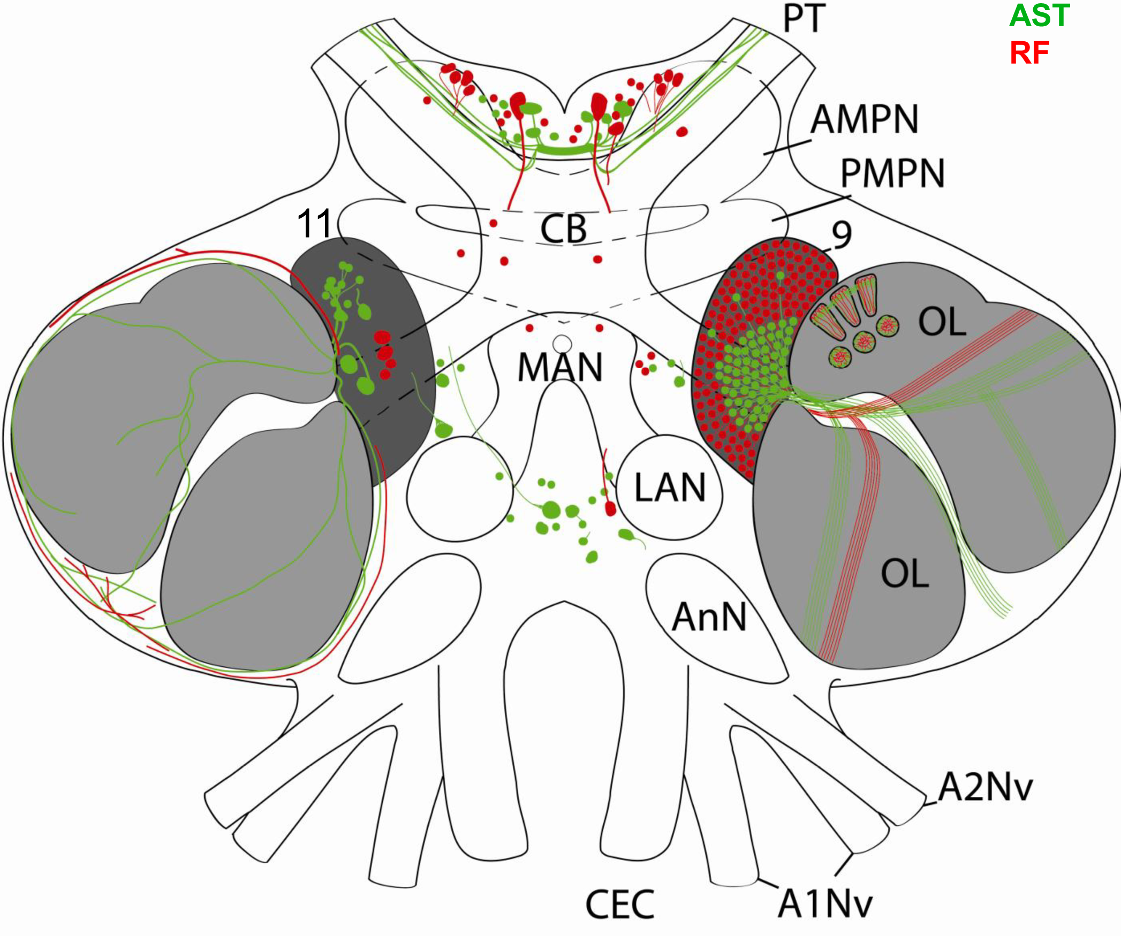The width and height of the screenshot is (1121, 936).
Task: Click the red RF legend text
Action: (x=1029, y=53)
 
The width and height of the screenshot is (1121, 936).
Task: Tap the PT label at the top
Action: (x=804, y=19)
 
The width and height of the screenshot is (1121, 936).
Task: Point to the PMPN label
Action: (x=892, y=173)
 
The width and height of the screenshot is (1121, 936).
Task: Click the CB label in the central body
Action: (x=563, y=229)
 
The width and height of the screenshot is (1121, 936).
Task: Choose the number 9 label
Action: (x=842, y=234)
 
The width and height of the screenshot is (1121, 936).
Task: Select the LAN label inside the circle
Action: (x=670, y=488)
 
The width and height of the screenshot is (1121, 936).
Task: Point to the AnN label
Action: (x=709, y=617)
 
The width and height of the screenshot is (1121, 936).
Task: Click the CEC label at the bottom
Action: (x=620, y=904)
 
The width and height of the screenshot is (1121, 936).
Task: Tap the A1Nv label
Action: (x=825, y=904)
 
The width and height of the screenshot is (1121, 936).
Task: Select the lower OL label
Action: (x=905, y=573)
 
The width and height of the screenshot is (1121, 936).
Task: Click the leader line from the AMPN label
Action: (x=787, y=148)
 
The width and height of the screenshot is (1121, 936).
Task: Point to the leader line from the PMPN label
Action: (x=812, y=208)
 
